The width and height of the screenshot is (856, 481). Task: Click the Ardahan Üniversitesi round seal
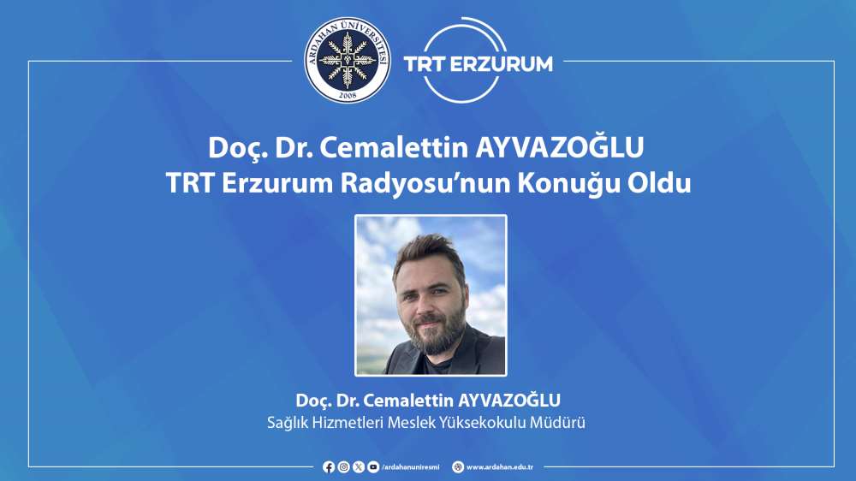[x=348, y=60]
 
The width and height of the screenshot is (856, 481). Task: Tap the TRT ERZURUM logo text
[x=479, y=64]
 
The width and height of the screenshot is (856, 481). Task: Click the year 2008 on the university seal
[x=348, y=95]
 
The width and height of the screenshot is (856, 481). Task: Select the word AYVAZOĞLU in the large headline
[x=559, y=147]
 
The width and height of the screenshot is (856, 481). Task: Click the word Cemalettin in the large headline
[x=394, y=147]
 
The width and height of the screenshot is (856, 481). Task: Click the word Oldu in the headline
[x=658, y=183]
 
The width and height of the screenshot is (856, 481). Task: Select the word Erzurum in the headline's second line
[x=277, y=183]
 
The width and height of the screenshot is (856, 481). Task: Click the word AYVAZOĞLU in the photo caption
[x=508, y=401]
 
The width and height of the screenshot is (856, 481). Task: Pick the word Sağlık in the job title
[x=287, y=423]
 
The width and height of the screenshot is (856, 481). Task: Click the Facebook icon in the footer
[x=329, y=466]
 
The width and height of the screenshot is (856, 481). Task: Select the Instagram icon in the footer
[x=343, y=466]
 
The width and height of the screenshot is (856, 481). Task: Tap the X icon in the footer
[x=358, y=466]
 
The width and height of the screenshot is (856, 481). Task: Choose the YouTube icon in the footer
[x=373, y=466]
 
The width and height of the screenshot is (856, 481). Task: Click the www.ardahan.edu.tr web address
[x=500, y=467]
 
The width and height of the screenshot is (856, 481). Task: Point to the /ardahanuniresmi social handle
[x=411, y=467]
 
